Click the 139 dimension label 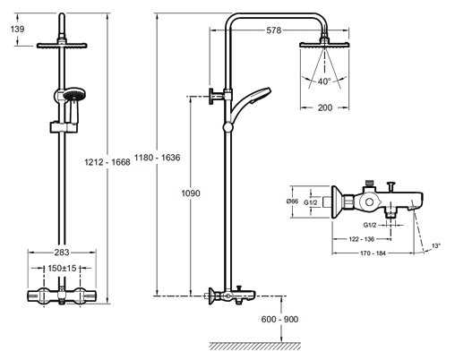[x=17, y=30]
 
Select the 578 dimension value [x=274, y=30]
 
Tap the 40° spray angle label [x=324, y=81]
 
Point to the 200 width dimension [x=325, y=107]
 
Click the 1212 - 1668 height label [x=107, y=162]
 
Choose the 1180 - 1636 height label [x=158, y=158]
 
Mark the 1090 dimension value [x=191, y=193]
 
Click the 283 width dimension [x=62, y=253]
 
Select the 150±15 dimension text [x=62, y=268]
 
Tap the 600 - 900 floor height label [x=279, y=319]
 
